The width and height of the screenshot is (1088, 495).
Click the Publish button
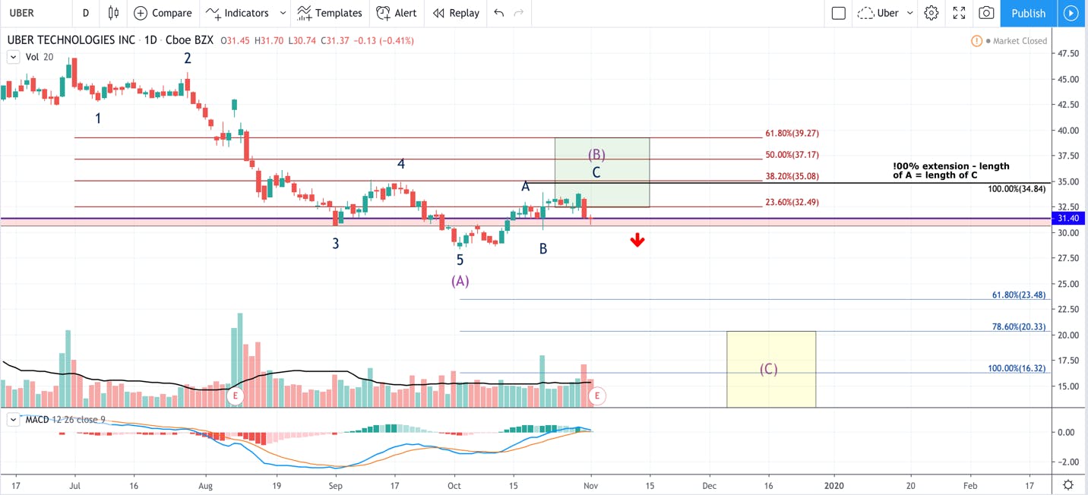pyautogui.click(x=1028, y=13)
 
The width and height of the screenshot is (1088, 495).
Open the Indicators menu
pyautogui.click(x=237, y=13)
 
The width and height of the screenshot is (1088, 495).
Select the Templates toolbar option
pyautogui.click(x=330, y=13)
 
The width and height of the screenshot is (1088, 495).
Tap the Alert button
pyautogui.click(x=397, y=13)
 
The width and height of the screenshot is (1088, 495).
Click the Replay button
pyautogui.click(x=456, y=13)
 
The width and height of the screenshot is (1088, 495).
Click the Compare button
pyautogui.click(x=163, y=13)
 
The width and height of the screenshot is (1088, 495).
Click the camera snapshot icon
pyautogui.click(x=986, y=13)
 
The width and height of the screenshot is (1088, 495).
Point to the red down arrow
pyautogui.click(x=637, y=240)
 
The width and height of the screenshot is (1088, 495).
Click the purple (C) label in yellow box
pyautogui.click(x=768, y=369)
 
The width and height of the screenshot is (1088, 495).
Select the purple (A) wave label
pyautogui.click(x=460, y=281)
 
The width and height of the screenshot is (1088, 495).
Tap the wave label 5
pyautogui.click(x=460, y=260)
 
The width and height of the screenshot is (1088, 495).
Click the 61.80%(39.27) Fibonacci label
pyautogui.click(x=792, y=133)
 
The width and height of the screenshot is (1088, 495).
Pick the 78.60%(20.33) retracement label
pyautogui.click(x=1019, y=327)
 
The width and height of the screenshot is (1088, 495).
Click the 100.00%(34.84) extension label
pyautogui.click(x=1017, y=189)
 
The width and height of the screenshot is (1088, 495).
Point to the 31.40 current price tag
pyautogui.click(x=1067, y=219)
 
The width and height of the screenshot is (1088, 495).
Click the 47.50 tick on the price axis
pyautogui.click(x=1067, y=53)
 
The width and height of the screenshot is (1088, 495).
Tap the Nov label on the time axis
pyautogui.click(x=590, y=485)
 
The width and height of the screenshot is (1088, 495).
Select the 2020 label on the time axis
pyautogui.click(x=834, y=485)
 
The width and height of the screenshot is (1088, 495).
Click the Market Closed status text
pyautogui.click(x=1020, y=41)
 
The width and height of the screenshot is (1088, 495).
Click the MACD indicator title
pyautogui.click(x=37, y=419)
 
